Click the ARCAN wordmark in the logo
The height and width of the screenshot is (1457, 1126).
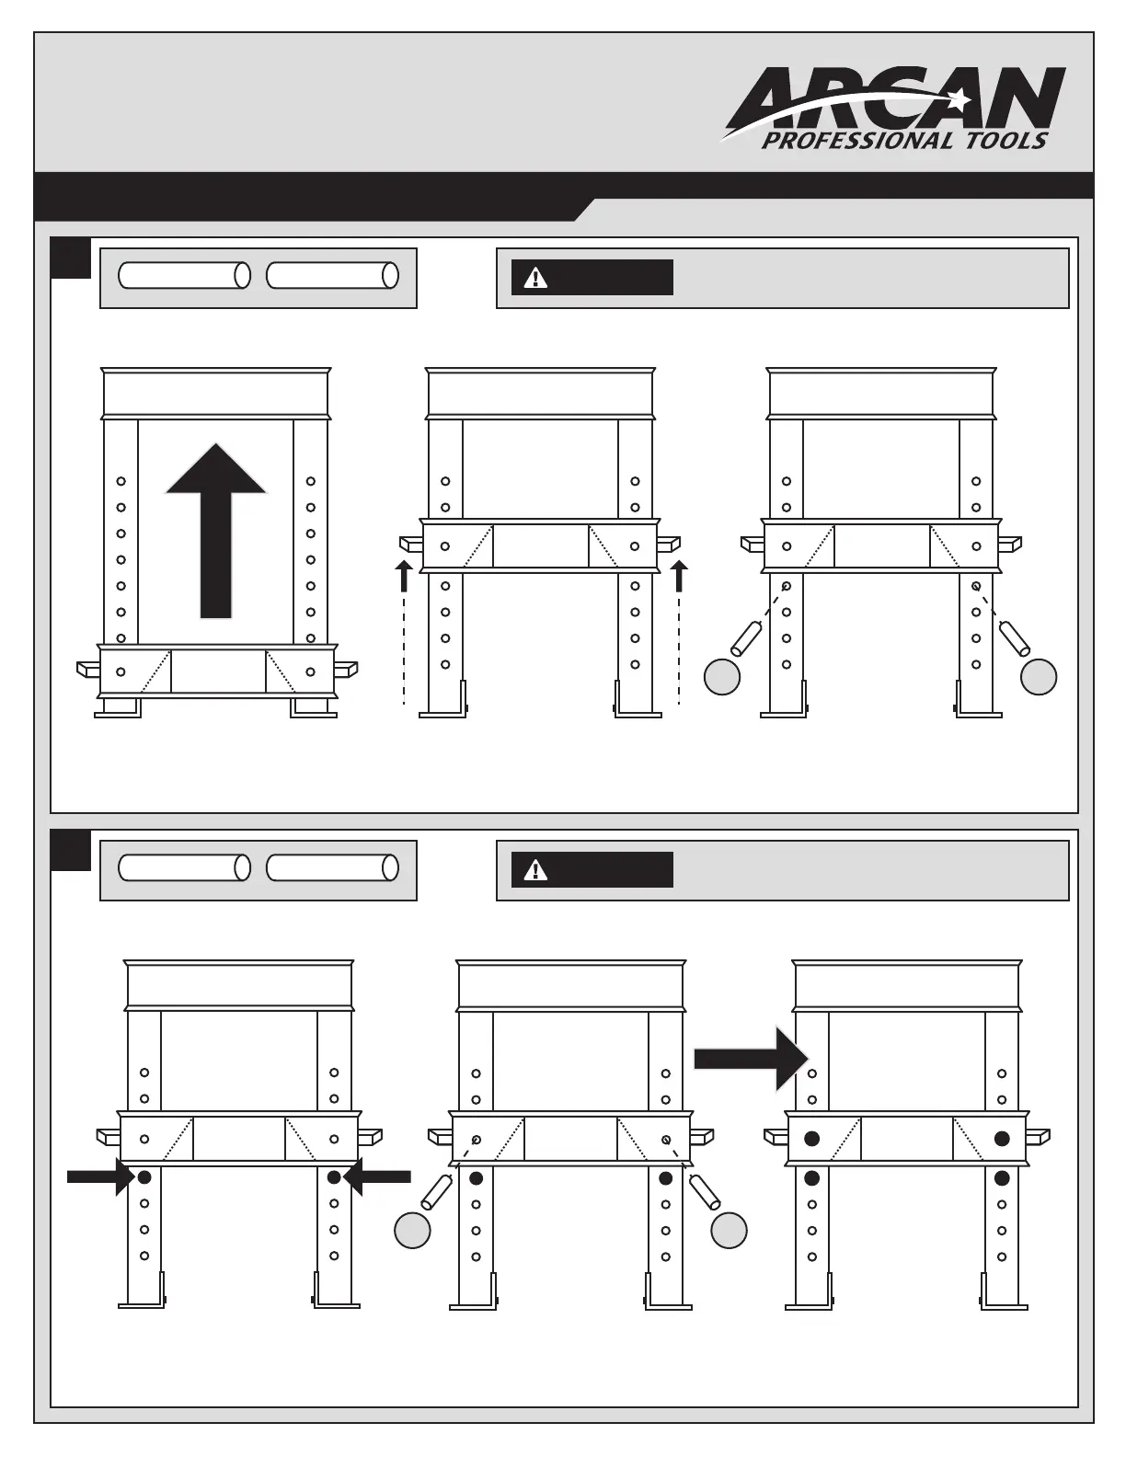coord(897,98)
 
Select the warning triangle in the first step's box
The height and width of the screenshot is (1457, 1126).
coord(534,278)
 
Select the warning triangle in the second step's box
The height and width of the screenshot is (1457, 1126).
coord(534,870)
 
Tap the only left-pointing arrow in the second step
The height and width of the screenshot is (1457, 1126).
coord(377,1176)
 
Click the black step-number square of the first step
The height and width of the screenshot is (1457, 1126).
coord(71,258)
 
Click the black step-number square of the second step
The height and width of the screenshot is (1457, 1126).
coord(71,851)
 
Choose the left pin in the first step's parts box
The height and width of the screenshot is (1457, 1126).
coord(184,275)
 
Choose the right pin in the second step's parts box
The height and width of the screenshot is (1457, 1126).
coord(332,867)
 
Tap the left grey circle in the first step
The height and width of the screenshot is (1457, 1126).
coord(722,677)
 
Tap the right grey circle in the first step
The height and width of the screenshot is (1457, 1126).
coord(1039,677)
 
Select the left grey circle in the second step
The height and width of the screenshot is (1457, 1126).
coord(412,1231)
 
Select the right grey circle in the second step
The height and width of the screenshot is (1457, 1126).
coord(729,1231)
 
